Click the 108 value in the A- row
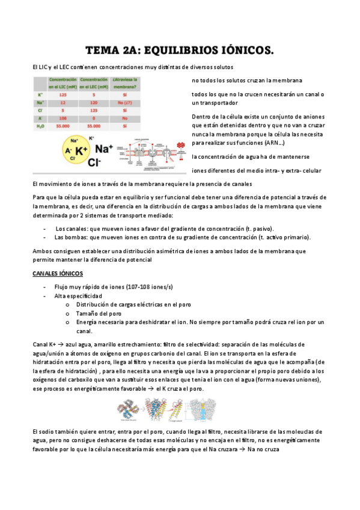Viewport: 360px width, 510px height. [x=63, y=118]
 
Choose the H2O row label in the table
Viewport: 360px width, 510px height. [x=40, y=126]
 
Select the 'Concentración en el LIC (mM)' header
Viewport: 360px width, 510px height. [x=63, y=83]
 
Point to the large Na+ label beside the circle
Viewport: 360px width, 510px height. [x=105, y=149]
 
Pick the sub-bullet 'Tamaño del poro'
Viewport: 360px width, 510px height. [x=99, y=313]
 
